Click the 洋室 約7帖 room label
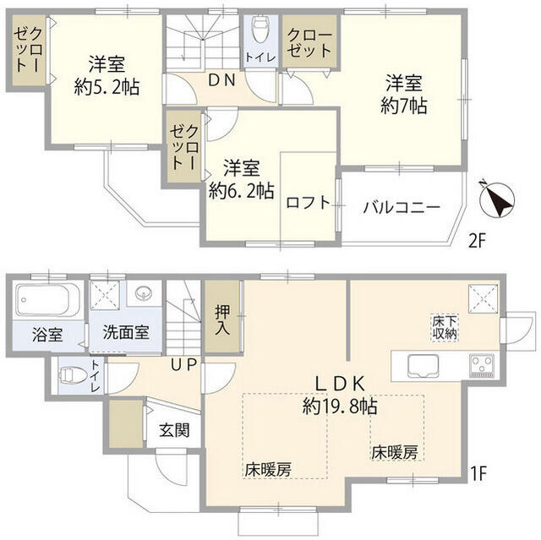(x=403, y=95)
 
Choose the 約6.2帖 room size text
(x=242, y=190)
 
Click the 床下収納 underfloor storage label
(x=445, y=327)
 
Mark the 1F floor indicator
(x=478, y=473)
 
